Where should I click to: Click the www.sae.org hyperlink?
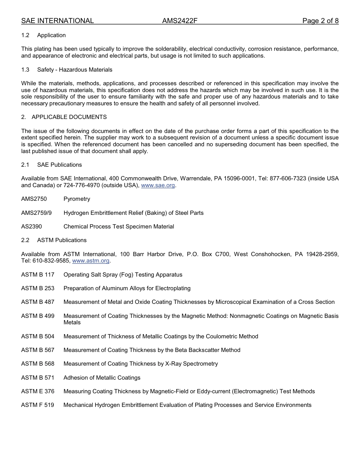tap(158, 185)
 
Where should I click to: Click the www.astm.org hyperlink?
tap(91, 261)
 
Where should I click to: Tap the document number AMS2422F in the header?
tap(180, 21)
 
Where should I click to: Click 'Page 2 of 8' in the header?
tap(320, 21)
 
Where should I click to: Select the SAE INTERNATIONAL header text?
tap(57, 21)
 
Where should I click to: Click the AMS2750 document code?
tap(34, 199)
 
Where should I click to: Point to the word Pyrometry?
tap(77, 199)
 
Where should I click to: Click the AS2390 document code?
tap(31, 227)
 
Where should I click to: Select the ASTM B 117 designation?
tap(38, 275)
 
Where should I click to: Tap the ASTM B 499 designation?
tap(38, 316)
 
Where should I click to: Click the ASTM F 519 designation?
tap(38, 405)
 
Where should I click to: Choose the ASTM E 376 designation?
tap(38, 391)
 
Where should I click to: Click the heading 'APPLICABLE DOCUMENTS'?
tap(69, 117)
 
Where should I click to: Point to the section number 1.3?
tap(25, 70)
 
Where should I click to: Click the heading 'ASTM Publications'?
tap(62, 240)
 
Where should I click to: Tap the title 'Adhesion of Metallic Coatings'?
tap(102, 378)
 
